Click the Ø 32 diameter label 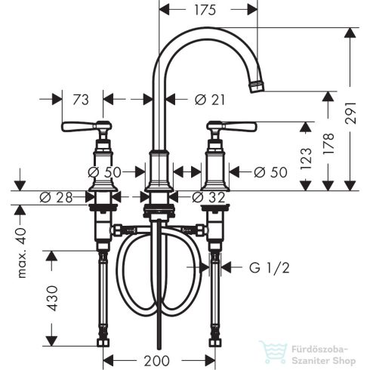208,198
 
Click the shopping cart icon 270,352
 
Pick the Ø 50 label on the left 106,171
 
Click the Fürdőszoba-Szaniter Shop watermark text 321,352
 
